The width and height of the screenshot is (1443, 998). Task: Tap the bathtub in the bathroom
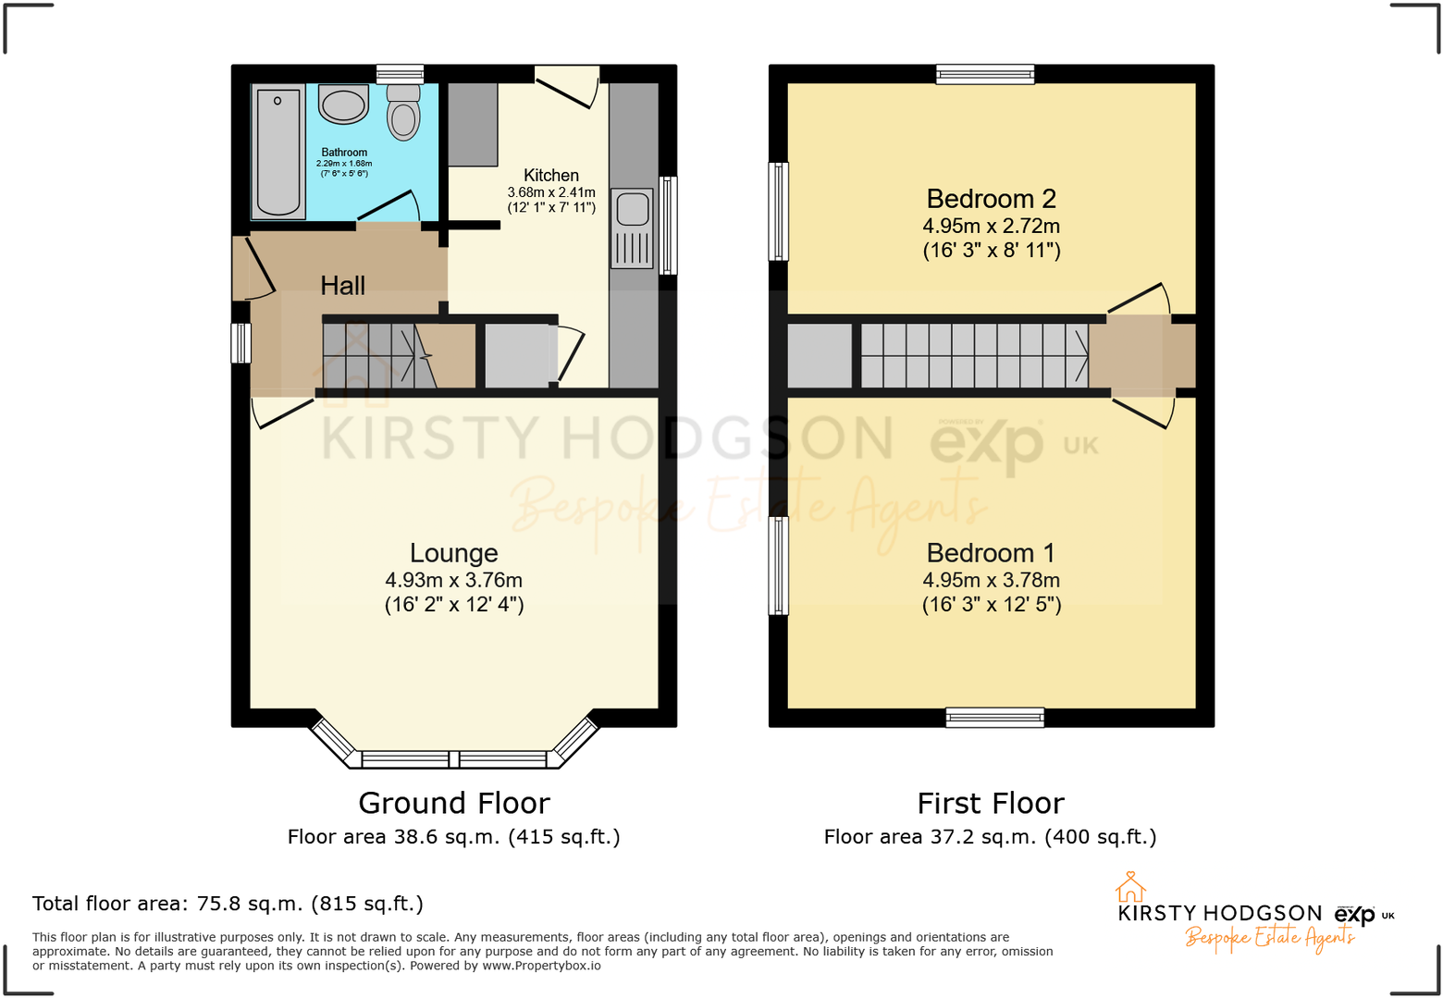tap(278, 152)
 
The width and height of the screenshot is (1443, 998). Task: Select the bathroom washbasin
tap(343, 104)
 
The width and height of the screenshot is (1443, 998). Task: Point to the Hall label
tap(342, 286)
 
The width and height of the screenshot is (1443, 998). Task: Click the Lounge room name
tap(453, 553)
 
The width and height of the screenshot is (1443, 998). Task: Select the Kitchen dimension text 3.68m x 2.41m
tap(551, 192)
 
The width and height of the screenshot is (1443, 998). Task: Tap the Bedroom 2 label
tap(991, 199)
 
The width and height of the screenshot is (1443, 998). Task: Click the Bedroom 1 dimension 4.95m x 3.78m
tap(991, 580)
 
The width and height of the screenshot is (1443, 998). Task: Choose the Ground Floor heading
tap(453, 803)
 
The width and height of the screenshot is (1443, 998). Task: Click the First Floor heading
tap(990, 803)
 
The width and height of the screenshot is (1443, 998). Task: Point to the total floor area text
tap(228, 904)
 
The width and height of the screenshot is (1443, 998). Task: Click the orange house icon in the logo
tap(1129, 887)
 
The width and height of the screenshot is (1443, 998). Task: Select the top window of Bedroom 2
tap(984, 74)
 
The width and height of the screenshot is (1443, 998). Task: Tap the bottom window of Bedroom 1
tap(994, 717)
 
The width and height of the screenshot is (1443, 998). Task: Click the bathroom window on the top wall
tap(400, 74)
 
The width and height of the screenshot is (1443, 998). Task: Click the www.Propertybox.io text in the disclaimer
tap(541, 966)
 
